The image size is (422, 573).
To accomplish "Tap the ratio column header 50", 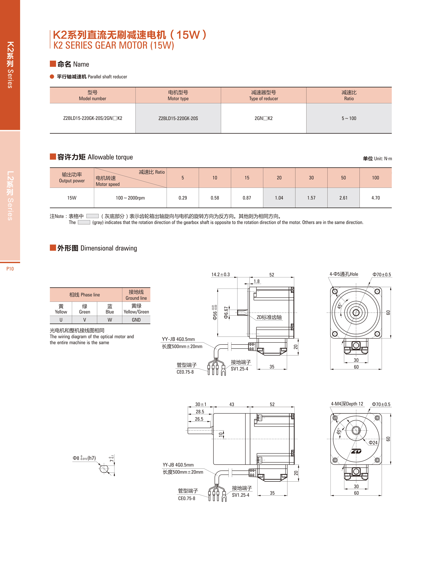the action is click(x=343, y=178).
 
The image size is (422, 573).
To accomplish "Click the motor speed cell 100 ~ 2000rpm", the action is click(x=130, y=198).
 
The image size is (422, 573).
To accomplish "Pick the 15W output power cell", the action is click(x=72, y=198).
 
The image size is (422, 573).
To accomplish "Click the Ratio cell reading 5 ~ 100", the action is click(x=349, y=118).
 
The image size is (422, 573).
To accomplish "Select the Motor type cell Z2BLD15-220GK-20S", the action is click(x=178, y=118).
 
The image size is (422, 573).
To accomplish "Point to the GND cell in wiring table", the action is click(x=136, y=320).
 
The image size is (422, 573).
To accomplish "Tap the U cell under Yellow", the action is click(x=61, y=320).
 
